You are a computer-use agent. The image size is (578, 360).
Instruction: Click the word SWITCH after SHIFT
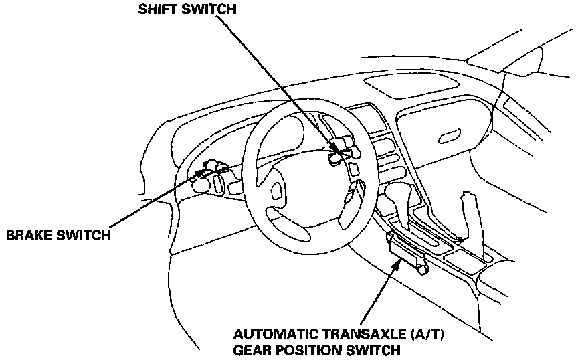point(209,10)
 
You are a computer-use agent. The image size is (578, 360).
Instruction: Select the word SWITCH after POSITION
point(376,349)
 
